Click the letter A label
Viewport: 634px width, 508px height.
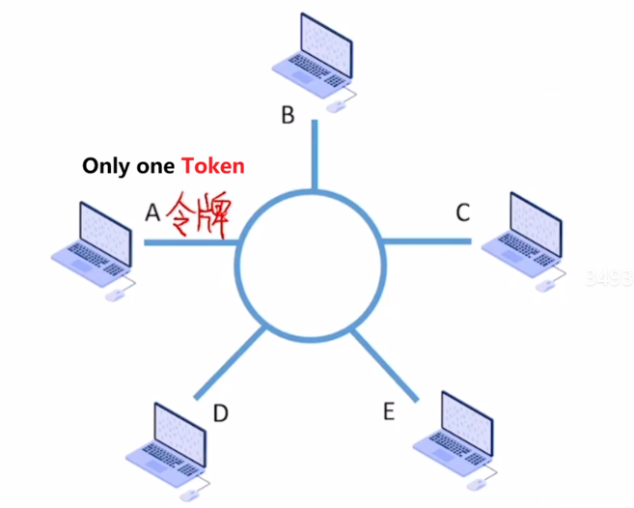click(x=152, y=212)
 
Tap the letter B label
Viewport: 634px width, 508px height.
click(x=288, y=116)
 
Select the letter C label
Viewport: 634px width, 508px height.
click(x=463, y=212)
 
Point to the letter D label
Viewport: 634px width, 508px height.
click(x=220, y=413)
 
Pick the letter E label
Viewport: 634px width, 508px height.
click(x=388, y=411)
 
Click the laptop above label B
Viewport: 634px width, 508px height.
click(x=309, y=53)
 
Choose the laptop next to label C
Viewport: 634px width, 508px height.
click(x=521, y=232)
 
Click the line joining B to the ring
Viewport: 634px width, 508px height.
click(x=313, y=155)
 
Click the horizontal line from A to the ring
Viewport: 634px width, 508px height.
click(x=191, y=242)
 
